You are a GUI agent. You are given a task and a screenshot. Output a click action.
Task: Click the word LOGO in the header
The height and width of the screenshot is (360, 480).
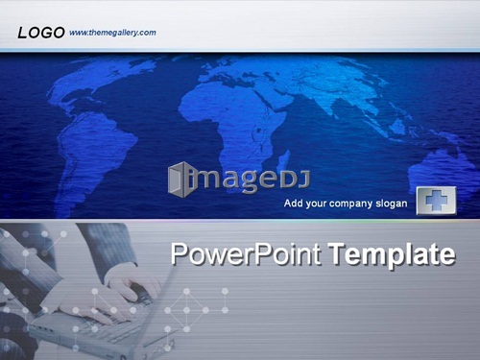(41, 33)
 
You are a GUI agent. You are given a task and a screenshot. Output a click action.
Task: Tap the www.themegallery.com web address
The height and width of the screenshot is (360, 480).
(112, 33)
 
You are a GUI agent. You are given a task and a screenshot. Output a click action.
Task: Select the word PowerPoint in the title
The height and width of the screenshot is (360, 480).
(246, 254)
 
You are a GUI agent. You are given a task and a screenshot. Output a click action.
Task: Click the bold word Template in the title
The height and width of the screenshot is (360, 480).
(393, 254)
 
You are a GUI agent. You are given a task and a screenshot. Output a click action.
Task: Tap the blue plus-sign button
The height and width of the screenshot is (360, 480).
(436, 201)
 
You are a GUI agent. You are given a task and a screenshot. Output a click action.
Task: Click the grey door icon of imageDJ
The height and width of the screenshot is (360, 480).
(179, 180)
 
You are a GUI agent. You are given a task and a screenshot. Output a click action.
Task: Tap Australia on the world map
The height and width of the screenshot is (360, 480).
(444, 173)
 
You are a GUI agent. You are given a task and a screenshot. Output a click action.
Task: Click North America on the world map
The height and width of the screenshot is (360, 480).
(96, 84)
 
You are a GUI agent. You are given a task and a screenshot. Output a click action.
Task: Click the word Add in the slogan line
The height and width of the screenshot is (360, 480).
(292, 203)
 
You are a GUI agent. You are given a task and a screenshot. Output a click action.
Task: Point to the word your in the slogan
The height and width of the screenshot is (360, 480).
(314, 204)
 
